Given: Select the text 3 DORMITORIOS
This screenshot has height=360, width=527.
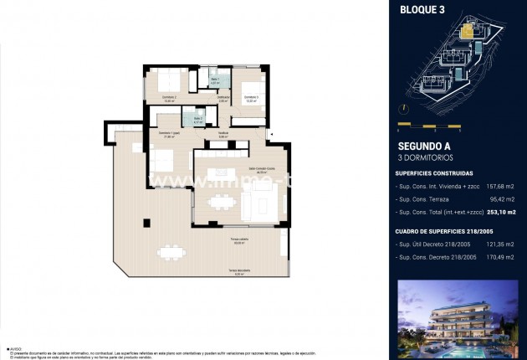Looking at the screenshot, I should tap(424, 157).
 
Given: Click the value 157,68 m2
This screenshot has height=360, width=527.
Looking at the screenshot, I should tap(500, 187).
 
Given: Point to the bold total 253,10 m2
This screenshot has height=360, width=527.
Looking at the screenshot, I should tap(499, 215).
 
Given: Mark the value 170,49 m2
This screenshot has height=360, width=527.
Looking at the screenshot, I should tap(500, 257).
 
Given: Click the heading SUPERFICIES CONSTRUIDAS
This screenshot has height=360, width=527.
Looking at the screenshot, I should tap(434, 173).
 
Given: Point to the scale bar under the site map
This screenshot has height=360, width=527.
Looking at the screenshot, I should tap(430, 127).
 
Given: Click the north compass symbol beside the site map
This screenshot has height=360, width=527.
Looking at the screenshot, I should tap(402, 109).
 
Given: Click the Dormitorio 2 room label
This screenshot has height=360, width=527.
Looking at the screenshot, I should tap(169, 98).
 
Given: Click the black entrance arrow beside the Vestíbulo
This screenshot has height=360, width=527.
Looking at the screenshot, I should tap(269, 132).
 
